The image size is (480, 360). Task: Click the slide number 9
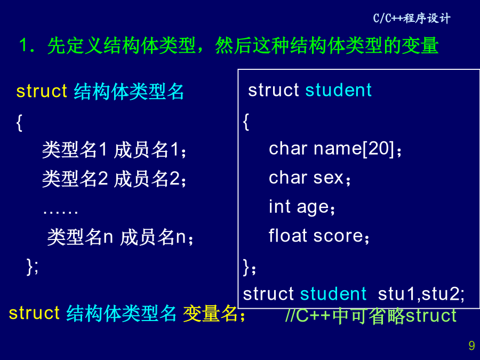coord(471,346)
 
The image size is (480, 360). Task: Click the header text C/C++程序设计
coord(412,18)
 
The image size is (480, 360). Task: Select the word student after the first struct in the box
coord(338,90)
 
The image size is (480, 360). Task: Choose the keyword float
coord(288,235)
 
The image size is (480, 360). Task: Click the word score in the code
coord(338,236)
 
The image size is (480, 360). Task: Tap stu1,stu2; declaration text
coord(421,294)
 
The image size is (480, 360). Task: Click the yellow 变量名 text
coord(210,314)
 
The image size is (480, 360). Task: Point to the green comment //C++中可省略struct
coord(371,316)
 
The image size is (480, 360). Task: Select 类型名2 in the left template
coord(75,179)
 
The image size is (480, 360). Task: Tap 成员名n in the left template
coord(153,237)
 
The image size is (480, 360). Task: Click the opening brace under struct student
coord(246,122)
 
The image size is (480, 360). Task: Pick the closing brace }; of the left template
coord(33,267)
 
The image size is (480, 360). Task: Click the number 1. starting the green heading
coord(27,46)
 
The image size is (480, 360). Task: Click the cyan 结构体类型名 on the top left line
coord(129,92)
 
